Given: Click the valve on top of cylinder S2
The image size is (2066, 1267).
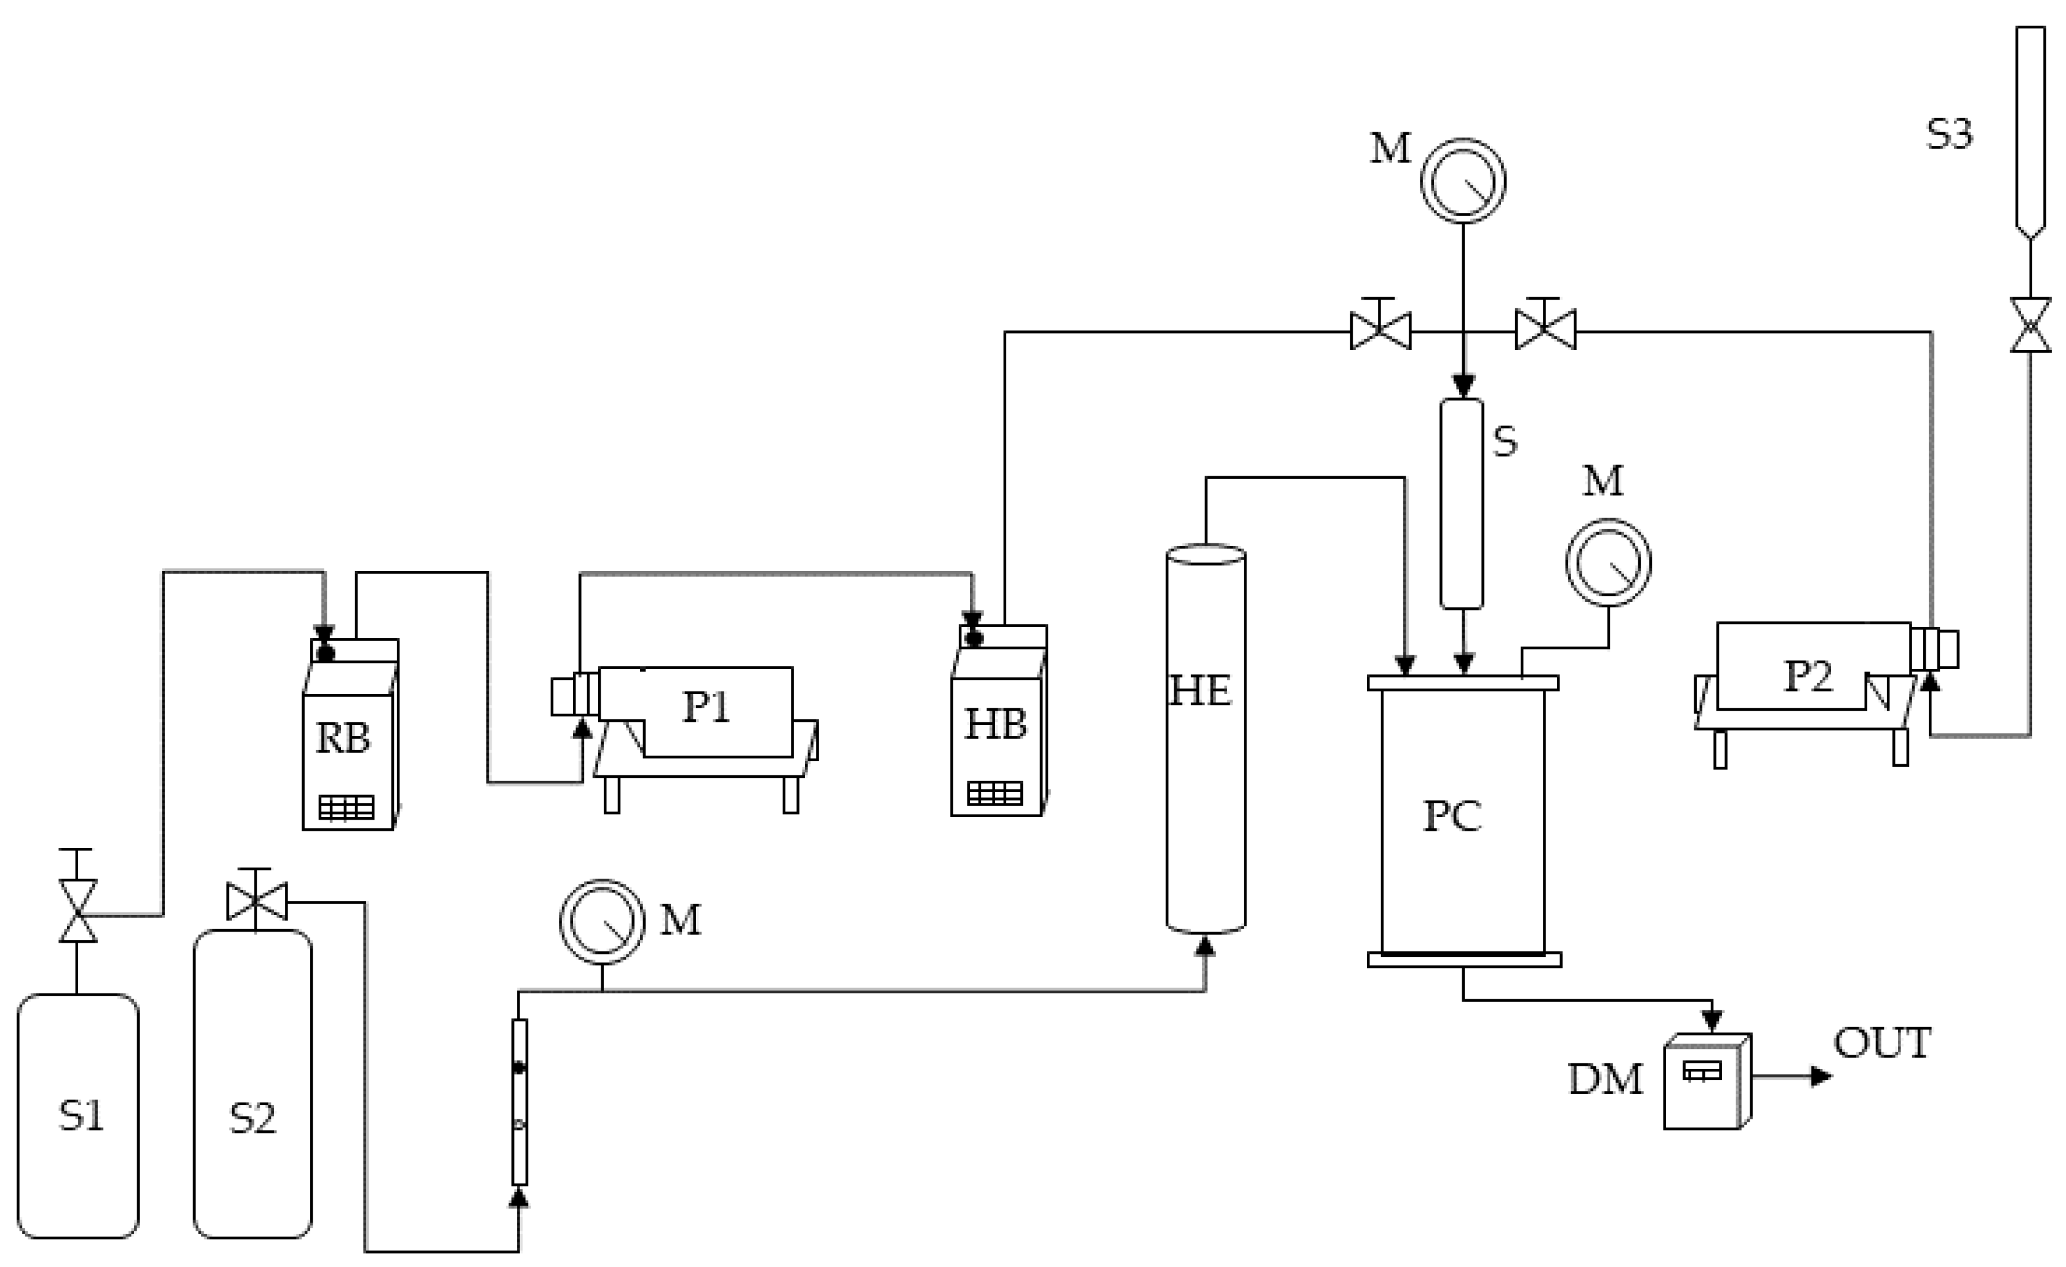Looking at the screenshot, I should pos(257,901).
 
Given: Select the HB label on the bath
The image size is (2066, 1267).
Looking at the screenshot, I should pos(995,724).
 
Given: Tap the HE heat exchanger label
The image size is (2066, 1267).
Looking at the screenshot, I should pos(1201,691).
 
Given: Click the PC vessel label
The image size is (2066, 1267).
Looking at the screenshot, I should pos(1452,817).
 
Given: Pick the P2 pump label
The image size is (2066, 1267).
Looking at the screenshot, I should pos(1808,676).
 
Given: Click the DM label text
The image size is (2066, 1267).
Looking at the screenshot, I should pos(1606,1080).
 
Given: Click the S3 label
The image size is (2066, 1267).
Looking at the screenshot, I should pos(1950,134).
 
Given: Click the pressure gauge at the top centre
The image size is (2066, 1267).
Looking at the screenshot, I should pos(1463,181).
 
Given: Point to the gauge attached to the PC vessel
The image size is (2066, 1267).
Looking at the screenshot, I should pos(1608,562).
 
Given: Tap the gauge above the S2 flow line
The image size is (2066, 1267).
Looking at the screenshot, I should pos(602,922).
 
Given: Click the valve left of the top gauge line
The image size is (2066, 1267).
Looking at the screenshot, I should pos(1380,330).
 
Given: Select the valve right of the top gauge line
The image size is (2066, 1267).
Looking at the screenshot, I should pos(1545,330).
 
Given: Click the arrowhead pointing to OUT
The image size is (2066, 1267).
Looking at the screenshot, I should pos(1821,1076).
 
